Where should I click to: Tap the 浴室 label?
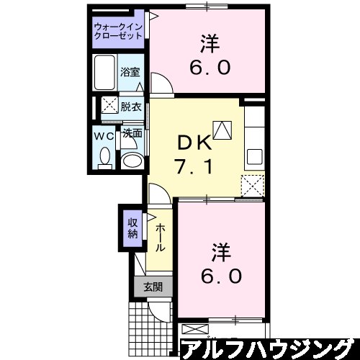pos(130,73)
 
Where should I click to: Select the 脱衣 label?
pos(130,106)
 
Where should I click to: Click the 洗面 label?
pos(130,133)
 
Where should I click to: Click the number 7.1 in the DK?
pos(192,168)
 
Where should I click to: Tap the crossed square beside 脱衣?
pos(110,106)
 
